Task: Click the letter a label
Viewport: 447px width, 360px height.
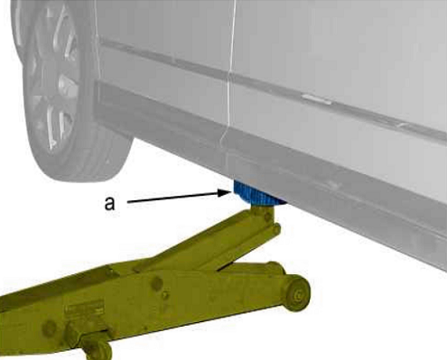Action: [x=109, y=203]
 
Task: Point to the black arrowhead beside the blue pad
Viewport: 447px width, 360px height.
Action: [x=227, y=192]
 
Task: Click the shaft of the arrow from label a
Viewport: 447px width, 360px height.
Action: [x=174, y=198]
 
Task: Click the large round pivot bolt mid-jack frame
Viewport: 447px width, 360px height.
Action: [x=156, y=282]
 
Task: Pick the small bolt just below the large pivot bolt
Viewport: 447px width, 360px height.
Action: [x=164, y=295]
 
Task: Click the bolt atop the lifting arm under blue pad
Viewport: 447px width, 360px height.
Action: [x=267, y=217]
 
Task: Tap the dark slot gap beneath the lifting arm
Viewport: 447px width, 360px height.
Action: [x=225, y=266]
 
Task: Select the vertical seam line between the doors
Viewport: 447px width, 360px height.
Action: [x=230, y=75]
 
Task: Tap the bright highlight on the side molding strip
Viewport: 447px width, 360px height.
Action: [x=317, y=99]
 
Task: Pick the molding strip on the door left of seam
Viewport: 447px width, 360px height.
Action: [x=164, y=58]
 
